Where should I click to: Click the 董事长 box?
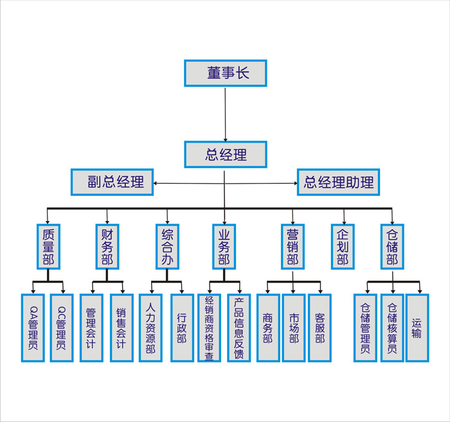pos(225,73)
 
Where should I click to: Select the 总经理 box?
pos(225,154)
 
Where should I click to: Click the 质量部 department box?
pos(48,246)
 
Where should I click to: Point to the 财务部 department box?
pos(107,246)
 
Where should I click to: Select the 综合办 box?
pos(167,246)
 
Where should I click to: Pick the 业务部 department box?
pos(224,246)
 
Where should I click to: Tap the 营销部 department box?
pos(292,246)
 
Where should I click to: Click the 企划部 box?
pos(343,246)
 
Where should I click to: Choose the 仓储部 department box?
pos(392,246)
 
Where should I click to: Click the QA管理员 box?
pos(33,328)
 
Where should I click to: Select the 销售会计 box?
pos(122,328)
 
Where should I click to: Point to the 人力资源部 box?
pos(150,328)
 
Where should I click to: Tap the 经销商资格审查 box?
pos(209,328)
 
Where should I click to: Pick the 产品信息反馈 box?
pos(239,328)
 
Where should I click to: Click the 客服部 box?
pos(319,328)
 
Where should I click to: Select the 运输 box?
pos(417,328)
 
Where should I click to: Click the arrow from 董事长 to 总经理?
pos(225,114)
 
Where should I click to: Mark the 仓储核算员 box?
pos(392,328)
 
